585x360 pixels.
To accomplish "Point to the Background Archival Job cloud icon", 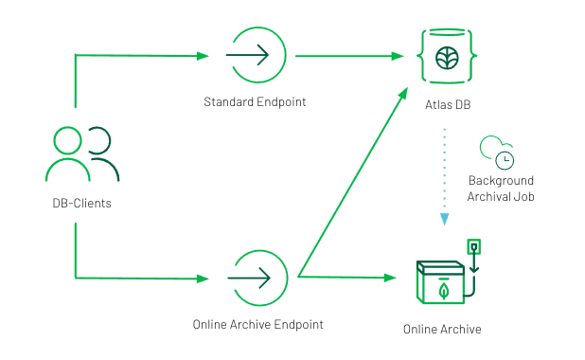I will pos(497,150).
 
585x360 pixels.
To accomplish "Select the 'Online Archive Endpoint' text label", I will pos(257,324).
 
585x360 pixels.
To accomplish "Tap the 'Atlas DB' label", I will pos(445,103).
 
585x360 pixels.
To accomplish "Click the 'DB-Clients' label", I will pos(81,203).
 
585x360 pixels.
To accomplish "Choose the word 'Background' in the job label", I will pos(501,180).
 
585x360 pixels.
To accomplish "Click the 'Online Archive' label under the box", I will pos(442,330).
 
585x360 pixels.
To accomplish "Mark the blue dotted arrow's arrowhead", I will pos(443,220).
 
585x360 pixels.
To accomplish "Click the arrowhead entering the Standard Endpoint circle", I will pos(204,56).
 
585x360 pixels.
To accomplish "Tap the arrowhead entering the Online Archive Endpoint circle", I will pos(204,279).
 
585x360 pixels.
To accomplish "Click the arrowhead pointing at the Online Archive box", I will pos(389,278).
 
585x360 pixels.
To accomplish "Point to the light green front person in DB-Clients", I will pos(67,157).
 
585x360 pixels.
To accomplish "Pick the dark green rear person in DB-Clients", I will pos(102,156).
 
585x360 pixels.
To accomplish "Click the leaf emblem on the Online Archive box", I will pos(442,291).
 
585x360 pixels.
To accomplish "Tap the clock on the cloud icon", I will pos(506,157).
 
